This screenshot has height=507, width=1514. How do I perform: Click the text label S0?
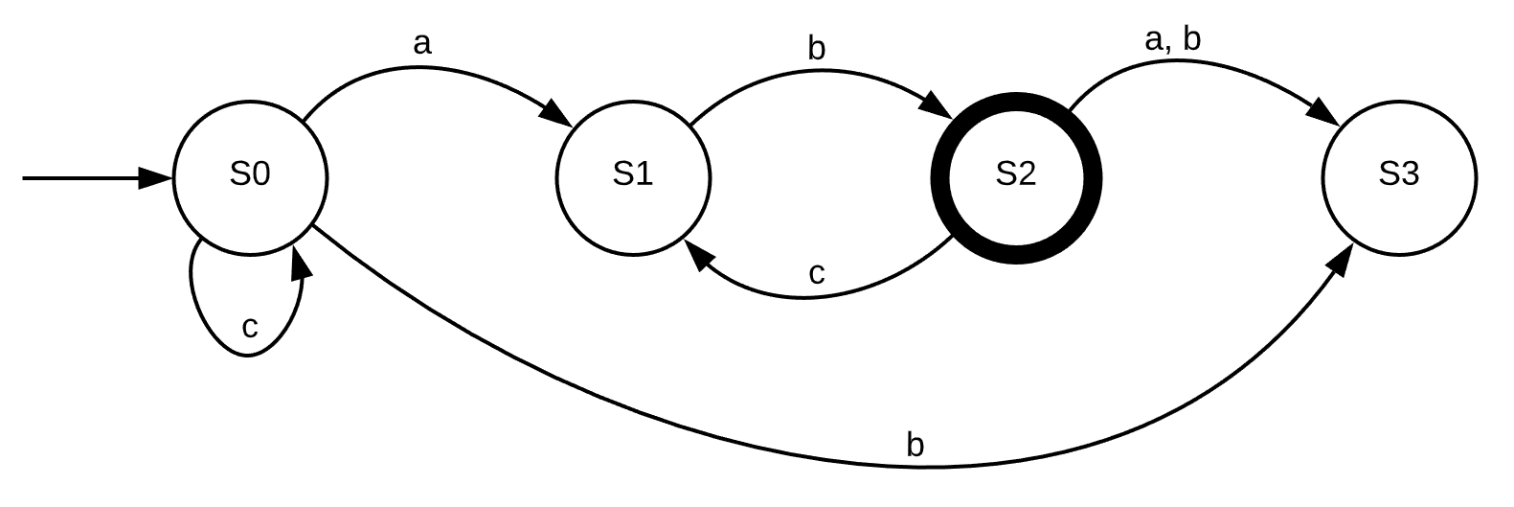250,174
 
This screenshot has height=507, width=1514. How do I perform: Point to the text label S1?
633,174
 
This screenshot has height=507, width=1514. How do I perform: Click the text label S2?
1016,174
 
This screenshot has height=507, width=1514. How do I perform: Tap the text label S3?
1399,174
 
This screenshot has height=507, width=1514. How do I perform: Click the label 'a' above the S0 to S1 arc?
421,43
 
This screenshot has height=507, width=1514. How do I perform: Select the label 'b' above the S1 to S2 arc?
816,48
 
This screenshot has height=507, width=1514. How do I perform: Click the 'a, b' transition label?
1172,40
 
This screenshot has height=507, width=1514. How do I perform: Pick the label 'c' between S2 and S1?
816,274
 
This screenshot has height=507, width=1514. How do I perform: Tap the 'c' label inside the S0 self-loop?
249,328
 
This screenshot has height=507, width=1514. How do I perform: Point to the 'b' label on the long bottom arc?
915,446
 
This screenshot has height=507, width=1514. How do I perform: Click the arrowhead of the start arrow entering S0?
155,178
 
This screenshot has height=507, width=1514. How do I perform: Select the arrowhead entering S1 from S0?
555,113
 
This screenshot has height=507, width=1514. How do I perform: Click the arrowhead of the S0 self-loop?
303,261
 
